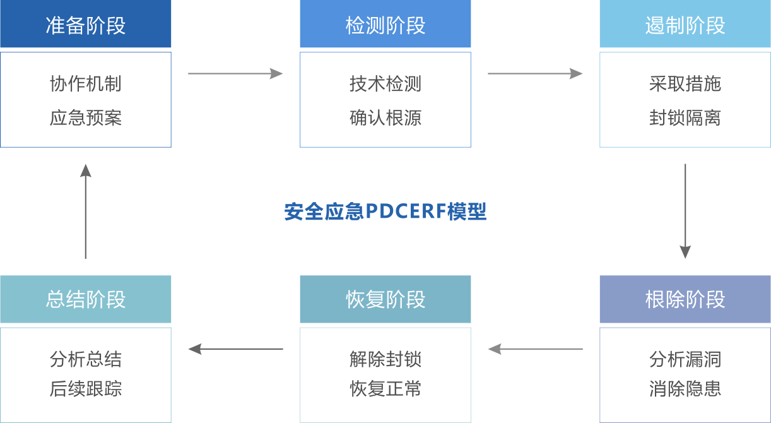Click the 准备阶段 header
click(86, 25)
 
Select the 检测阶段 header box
click(385, 25)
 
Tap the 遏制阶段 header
click(685, 25)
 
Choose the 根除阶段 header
click(685, 299)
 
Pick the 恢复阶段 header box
click(385, 299)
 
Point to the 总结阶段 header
click(86, 299)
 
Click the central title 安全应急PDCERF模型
click(385, 211)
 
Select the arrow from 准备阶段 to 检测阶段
click(235, 74)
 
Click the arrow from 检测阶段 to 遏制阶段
click(535, 74)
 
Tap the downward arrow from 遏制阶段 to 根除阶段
click(685, 211)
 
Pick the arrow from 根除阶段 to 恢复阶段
click(535, 349)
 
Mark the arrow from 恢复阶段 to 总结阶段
click(235, 349)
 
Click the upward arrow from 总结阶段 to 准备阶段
click(86, 211)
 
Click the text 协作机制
click(86, 84)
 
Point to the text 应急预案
click(86, 118)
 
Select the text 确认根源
click(385, 118)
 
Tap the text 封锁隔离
click(685, 118)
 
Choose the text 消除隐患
click(685, 389)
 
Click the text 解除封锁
click(385, 359)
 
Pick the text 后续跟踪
click(86, 389)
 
